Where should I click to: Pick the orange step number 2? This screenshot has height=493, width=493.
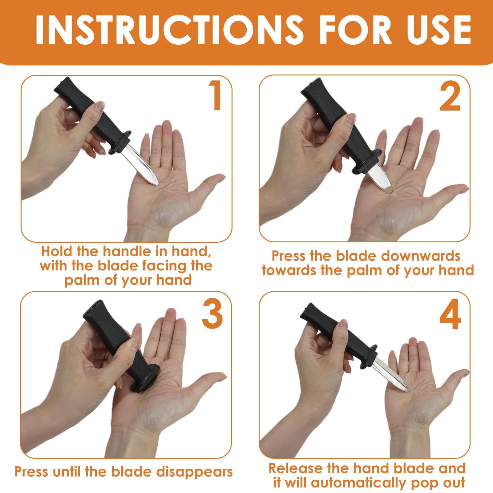coord(450,96)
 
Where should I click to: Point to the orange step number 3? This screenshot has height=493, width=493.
coord(212,314)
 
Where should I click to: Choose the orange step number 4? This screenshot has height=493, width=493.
coord(450,314)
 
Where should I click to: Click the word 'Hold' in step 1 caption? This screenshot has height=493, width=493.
coord(57,251)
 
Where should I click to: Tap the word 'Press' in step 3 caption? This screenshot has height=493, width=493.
coord(32,471)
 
